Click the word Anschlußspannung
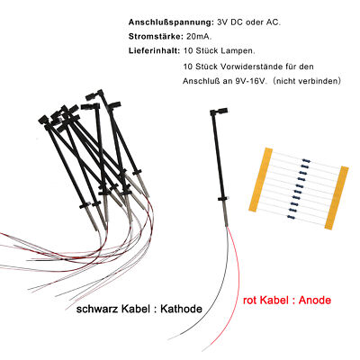(171, 22)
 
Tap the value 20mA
(199, 37)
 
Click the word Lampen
(238, 51)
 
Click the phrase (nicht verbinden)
(307, 81)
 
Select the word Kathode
(181, 309)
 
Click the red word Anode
(315, 300)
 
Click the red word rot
(250, 301)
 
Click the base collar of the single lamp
(223, 199)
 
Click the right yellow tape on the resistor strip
(337, 198)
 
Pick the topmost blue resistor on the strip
(305, 160)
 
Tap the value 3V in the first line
(222, 22)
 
